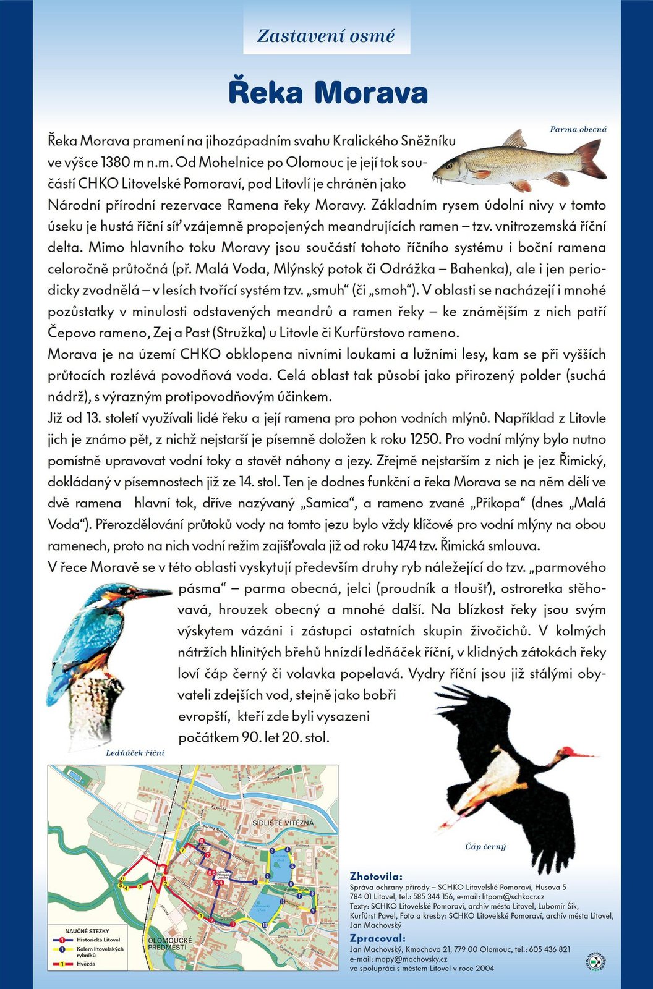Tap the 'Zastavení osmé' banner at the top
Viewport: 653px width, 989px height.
[326, 36]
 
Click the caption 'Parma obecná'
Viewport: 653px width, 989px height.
[578, 129]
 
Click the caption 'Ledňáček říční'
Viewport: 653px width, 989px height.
[135, 753]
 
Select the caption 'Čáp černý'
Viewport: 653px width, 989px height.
[485, 846]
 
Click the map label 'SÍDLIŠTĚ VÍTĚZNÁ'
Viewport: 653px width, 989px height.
[283, 823]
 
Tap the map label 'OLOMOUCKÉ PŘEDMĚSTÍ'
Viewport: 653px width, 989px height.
[170, 943]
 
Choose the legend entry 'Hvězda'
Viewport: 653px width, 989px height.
[86, 964]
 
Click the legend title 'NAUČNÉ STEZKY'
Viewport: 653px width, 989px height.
[87, 930]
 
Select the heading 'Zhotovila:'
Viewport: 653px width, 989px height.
[376, 877]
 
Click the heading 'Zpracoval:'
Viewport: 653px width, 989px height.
[378, 938]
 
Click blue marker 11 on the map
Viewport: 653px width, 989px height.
[264, 925]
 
